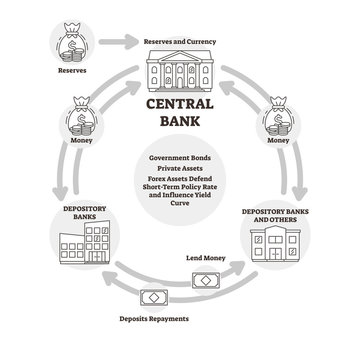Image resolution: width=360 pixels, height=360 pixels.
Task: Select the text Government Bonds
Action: pyautogui.click(x=180, y=158)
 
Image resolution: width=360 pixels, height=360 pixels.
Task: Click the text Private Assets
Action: pyautogui.click(x=180, y=170)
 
